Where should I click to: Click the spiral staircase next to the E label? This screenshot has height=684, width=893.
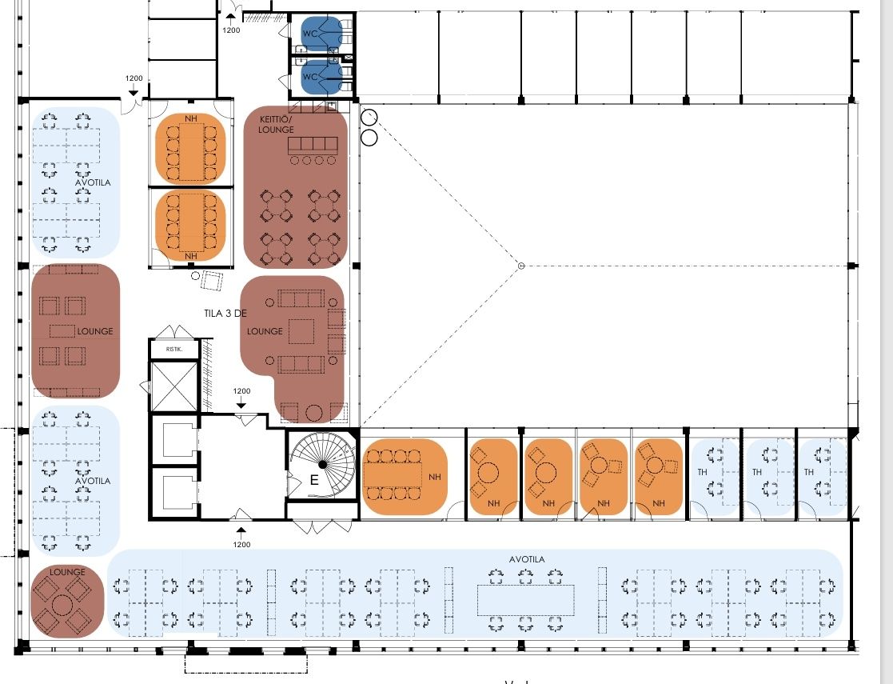[x=322, y=463]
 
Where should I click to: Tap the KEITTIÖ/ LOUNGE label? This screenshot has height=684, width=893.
[x=277, y=124]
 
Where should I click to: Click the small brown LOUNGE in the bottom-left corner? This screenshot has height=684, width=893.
[x=67, y=601]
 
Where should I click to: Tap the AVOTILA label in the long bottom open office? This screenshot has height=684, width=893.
[x=526, y=559]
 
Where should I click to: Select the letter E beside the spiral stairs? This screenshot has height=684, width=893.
[x=313, y=482]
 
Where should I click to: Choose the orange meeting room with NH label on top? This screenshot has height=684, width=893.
[x=190, y=149]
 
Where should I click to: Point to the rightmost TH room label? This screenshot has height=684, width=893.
[x=809, y=472]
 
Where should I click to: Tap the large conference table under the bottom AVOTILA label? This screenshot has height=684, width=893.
[x=525, y=599]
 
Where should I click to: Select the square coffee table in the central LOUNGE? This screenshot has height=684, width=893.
[x=301, y=330]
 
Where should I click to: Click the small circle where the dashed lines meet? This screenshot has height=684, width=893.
[x=520, y=265]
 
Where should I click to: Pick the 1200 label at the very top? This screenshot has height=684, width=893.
[x=231, y=30]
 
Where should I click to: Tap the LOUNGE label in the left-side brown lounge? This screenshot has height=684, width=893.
[x=95, y=331]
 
